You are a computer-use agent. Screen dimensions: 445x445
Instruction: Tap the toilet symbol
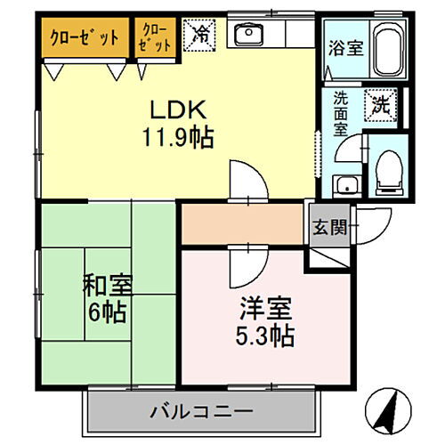click(x=389, y=170)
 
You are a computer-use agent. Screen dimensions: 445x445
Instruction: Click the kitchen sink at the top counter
click(x=246, y=35)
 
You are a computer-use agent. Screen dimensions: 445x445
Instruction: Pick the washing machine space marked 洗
click(x=380, y=103)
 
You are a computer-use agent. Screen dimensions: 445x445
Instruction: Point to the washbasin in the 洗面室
click(x=344, y=185)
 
